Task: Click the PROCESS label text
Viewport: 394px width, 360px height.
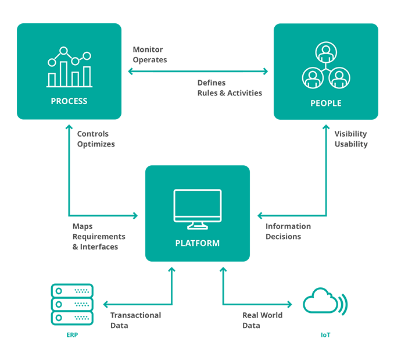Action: pos(69,101)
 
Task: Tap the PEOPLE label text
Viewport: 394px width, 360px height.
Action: pos(326,104)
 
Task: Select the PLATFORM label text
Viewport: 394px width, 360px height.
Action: pos(198,243)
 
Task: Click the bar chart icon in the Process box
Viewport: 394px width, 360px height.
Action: pos(70,68)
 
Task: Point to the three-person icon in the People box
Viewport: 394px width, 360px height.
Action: pos(326,67)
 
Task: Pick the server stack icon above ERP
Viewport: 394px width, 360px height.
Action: pos(72,304)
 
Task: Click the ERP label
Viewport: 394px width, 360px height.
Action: pos(72,336)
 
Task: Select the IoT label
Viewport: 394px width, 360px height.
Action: pos(325,336)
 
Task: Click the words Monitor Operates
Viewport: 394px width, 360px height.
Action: pos(150,55)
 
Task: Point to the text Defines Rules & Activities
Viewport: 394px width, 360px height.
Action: pos(230,88)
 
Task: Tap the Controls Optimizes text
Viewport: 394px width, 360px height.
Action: pos(96,139)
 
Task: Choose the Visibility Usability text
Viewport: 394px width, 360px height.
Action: pos(351,139)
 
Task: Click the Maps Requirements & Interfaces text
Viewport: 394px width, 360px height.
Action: pos(99,237)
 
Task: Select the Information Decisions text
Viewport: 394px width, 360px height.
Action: pos(288,231)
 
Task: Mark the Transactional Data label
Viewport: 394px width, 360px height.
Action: pos(135,320)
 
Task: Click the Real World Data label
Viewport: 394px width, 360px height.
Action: pos(262,320)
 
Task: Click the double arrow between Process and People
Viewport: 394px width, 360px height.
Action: pos(198,72)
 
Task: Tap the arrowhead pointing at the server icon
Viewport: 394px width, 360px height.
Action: pos(105,304)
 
